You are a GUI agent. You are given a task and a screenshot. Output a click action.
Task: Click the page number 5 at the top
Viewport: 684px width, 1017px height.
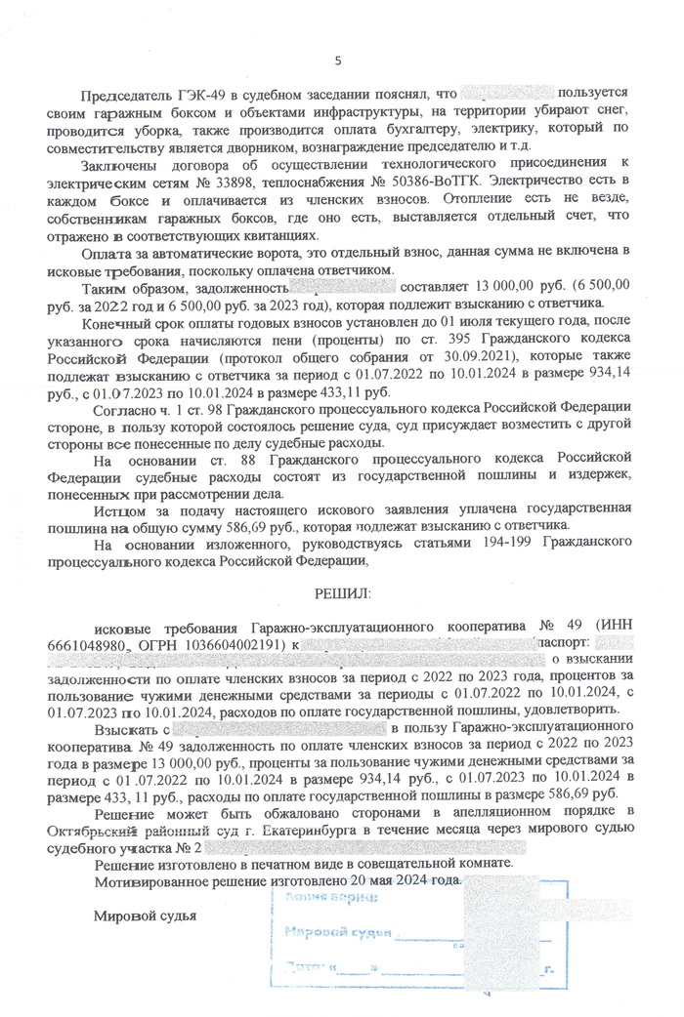[338, 61]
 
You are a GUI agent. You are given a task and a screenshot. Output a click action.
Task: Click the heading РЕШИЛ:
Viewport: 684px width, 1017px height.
[337, 593]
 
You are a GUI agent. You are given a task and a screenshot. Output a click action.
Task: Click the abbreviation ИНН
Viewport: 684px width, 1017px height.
[614, 625]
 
